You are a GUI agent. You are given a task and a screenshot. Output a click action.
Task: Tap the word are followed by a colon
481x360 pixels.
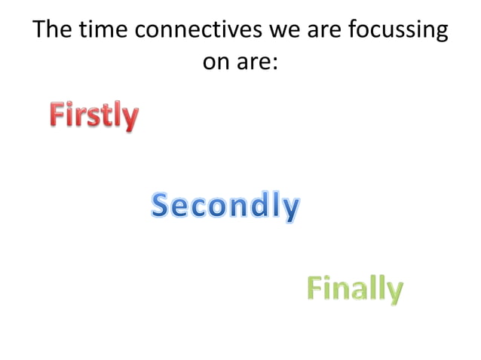255,63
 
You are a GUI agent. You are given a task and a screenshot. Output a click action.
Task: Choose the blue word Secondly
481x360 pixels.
225,206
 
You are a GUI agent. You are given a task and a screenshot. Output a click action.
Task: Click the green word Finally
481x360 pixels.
354,288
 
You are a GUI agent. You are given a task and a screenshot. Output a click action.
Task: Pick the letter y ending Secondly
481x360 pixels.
291,209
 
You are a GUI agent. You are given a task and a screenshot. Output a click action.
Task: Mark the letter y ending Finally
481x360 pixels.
394,291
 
